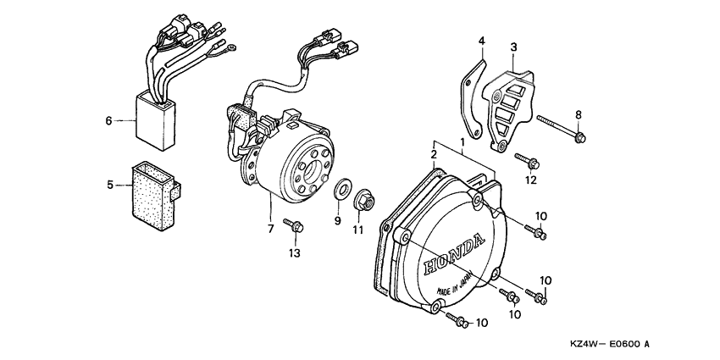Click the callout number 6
pyautogui.click(x=109, y=121)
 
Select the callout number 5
pyautogui.click(x=109, y=183)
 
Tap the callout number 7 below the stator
pyautogui.click(x=271, y=230)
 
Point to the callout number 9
pyautogui.click(x=337, y=221)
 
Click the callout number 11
pyautogui.click(x=357, y=230)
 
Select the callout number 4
pyautogui.click(x=481, y=41)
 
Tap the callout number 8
pyautogui.click(x=579, y=114)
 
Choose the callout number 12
pyautogui.click(x=530, y=180)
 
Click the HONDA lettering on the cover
pyautogui.click(x=457, y=252)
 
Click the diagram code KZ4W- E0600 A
pyautogui.click(x=610, y=345)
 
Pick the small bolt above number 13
pyautogui.click(x=296, y=227)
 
